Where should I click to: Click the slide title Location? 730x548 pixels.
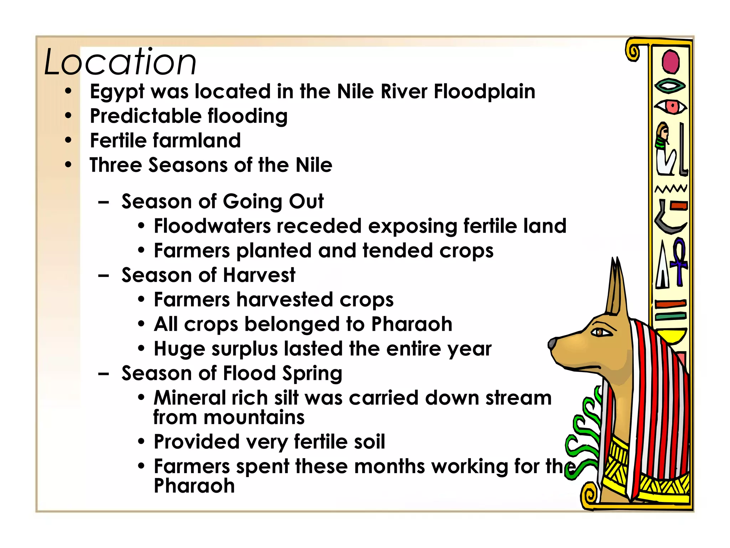point(120,62)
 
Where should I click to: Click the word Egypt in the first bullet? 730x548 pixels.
point(117,92)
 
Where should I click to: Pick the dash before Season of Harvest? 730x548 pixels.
point(103,276)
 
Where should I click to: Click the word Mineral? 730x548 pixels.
point(190,398)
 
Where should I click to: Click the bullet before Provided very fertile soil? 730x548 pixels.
point(141,442)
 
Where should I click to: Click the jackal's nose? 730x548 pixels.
point(552,344)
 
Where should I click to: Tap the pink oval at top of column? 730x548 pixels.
point(670,62)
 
